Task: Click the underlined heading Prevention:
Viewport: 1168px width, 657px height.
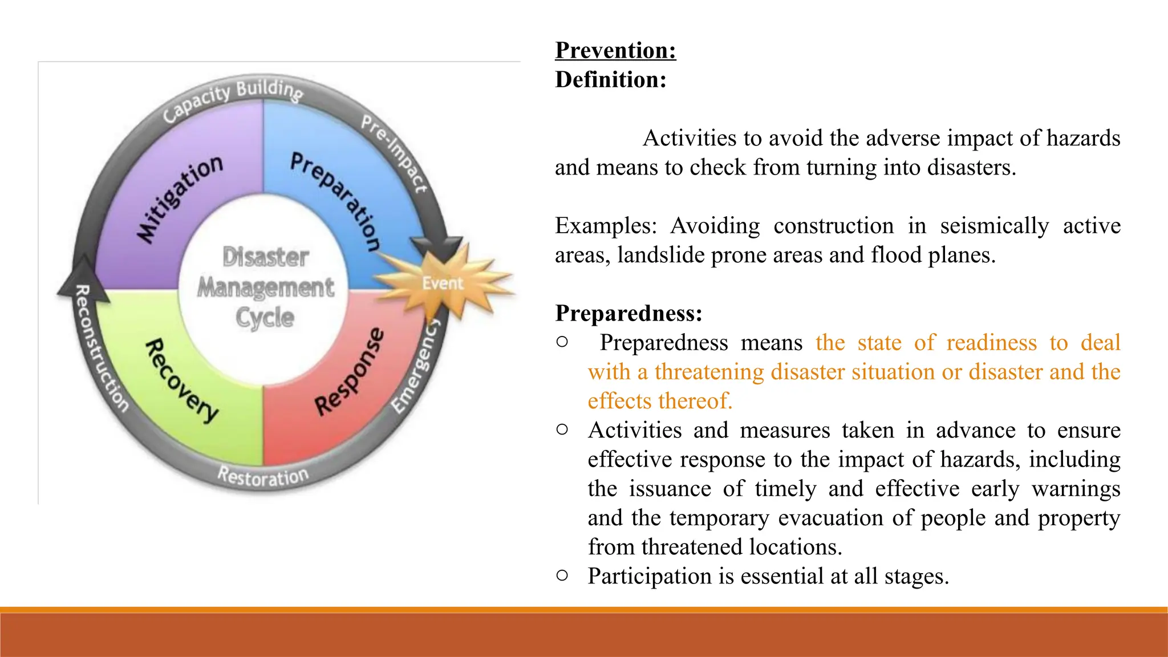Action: coord(615,50)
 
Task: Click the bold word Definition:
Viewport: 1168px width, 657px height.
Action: coord(610,80)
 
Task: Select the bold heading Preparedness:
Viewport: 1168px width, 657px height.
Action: coord(628,313)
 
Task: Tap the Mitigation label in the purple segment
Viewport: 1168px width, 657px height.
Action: coord(179,199)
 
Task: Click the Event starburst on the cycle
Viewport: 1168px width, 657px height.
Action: coord(443,282)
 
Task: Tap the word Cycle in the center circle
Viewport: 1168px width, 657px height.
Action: coord(265,318)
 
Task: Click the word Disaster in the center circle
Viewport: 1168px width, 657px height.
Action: coord(266,257)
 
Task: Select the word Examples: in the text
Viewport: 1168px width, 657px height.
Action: coord(606,226)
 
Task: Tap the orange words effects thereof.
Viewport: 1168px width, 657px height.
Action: coord(660,401)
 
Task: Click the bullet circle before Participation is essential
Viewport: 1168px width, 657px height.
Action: coord(562,575)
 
